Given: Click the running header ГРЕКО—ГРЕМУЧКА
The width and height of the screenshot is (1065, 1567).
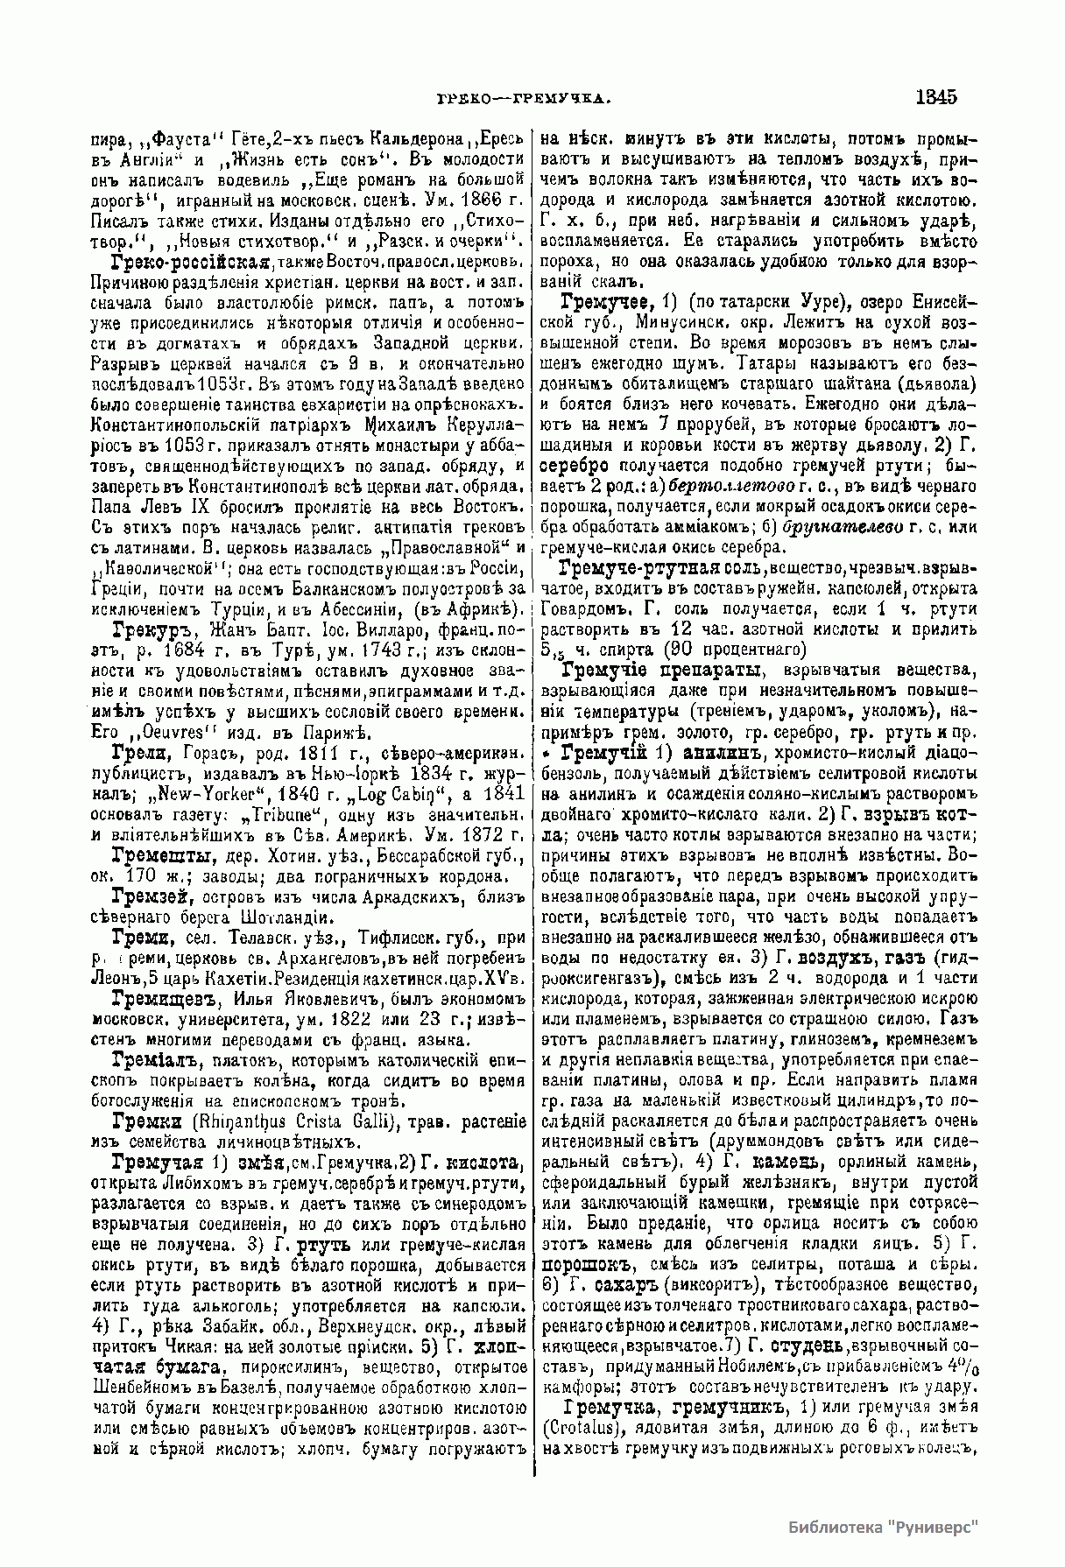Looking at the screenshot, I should click(522, 99).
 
